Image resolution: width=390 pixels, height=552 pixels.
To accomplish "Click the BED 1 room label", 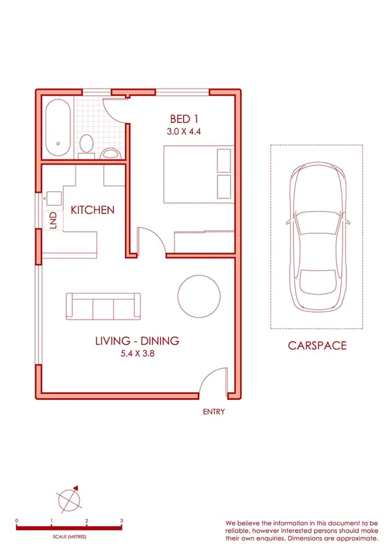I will (x=184, y=119).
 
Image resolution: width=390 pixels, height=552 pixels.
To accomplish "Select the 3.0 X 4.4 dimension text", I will (x=184, y=131).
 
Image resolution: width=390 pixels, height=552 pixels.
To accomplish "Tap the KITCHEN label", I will (x=92, y=210).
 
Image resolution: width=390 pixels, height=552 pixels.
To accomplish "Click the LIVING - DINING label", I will (x=137, y=340).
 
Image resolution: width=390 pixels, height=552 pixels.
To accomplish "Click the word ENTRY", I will (x=214, y=412).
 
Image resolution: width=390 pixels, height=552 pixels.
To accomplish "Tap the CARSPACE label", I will (x=317, y=346).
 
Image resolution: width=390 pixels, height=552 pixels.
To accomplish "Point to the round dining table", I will (x=198, y=296).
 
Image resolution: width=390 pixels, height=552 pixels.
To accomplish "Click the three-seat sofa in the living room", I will (x=103, y=306).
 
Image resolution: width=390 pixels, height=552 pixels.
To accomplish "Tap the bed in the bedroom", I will (x=195, y=172).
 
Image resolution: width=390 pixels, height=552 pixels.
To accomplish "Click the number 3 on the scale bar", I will (x=122, y=521).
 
